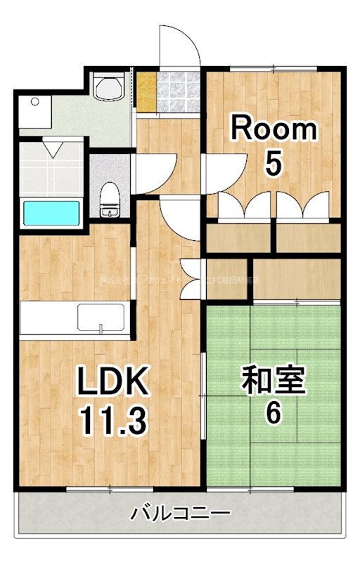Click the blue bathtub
tap(52, 213)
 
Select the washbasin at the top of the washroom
tap(109, 89)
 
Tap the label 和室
tap(274, 381)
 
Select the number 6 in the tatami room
tap(273, 412)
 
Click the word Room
tap(274, 130)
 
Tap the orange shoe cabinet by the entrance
tap(146, 90)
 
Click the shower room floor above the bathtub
tap(52, 169)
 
